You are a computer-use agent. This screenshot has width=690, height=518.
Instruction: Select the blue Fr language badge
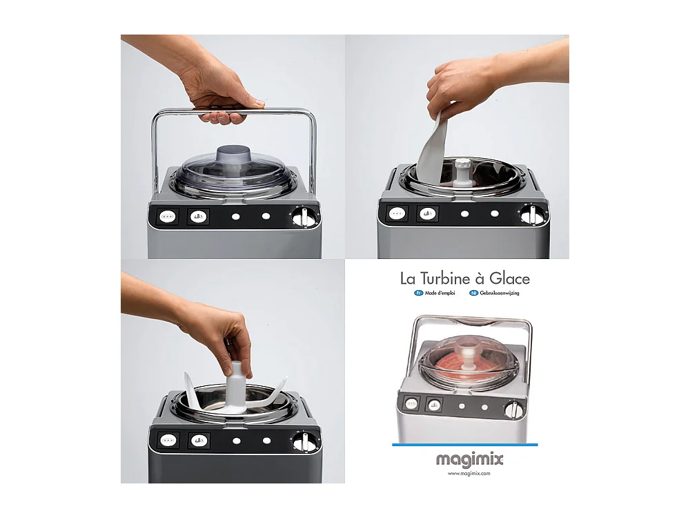click(418, 294)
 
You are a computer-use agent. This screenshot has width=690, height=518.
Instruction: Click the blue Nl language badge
click(473, 294)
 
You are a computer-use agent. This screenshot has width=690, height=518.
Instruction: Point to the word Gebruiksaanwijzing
click(500, 294)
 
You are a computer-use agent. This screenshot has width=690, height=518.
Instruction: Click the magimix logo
click(469, 459)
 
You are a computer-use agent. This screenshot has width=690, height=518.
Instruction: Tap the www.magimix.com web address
click(469, 474)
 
